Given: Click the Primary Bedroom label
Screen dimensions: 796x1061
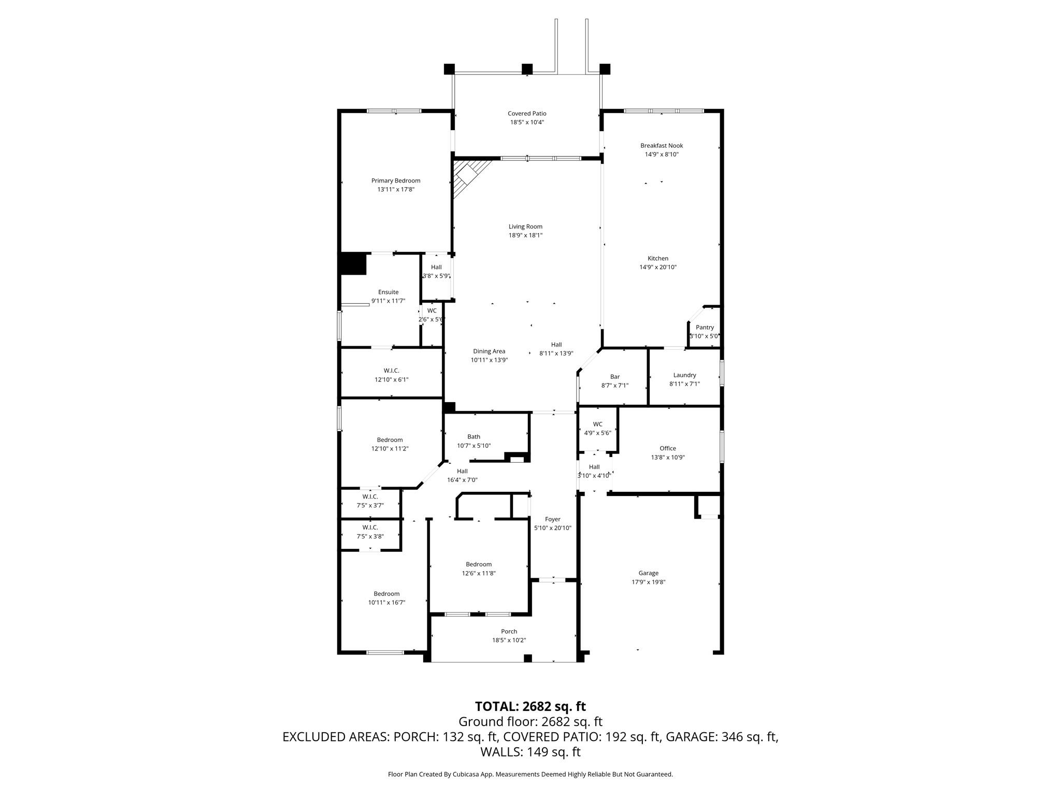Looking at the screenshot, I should point(395,181).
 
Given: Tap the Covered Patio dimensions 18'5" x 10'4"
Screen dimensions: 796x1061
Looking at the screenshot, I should point(526,122).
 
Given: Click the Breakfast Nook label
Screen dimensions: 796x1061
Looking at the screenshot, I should point(661,146).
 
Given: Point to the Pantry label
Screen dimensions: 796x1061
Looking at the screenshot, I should point(704,328).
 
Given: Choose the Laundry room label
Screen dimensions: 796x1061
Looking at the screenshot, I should point(684,375).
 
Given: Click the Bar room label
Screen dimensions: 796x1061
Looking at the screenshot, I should point(614,377).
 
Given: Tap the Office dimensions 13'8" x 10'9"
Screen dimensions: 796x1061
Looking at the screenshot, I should point(667,457).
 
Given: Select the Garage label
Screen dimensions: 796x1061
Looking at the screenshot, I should point(648,573).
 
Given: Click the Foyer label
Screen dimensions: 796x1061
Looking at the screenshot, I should point(552,519).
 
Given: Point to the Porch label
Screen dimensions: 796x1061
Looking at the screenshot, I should point(509,631).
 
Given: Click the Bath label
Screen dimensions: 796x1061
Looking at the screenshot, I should point(474,437).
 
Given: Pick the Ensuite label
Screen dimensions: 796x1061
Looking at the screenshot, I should point(388,292).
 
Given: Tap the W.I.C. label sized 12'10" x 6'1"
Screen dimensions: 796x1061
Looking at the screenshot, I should point(391,371).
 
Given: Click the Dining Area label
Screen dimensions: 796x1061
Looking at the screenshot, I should point(489,351).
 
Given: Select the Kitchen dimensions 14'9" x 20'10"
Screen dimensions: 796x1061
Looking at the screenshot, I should point(657,267).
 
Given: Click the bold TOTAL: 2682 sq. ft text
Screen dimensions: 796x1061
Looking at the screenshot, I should point(530,706).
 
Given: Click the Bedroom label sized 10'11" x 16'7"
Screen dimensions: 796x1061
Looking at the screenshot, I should point(386,594).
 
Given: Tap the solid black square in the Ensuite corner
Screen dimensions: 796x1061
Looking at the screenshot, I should point(353,264).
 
